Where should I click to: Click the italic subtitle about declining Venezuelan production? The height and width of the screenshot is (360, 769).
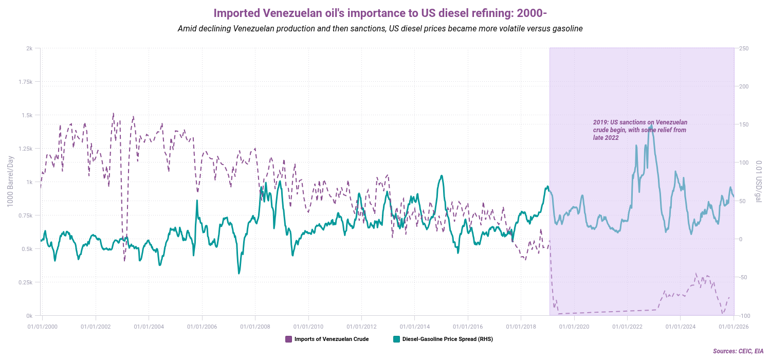click(x=380, y=29)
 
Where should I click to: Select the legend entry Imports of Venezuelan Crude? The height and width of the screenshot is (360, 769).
click(x=331, y=339)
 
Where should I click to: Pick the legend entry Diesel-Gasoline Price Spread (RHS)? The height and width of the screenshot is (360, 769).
click(x=447, y=339)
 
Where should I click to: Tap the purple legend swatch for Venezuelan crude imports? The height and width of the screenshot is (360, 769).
click(x=288, y=339)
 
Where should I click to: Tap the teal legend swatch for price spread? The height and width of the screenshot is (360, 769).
click(x=396, y=339)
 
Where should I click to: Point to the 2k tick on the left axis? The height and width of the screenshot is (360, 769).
click(x=30, y=48)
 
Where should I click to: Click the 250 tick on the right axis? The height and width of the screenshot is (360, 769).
click(x=744, y=48)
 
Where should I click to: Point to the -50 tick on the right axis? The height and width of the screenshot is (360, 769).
click(x=743, y=277)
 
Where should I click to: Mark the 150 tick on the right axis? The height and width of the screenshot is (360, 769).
click(x=744, y=124)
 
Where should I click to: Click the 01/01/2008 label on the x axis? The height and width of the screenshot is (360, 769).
click(x=255, y=326)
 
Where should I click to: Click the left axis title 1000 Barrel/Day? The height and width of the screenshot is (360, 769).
click(x=10, y=182)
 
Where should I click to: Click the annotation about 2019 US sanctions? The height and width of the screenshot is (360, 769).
click(x=640, y=130)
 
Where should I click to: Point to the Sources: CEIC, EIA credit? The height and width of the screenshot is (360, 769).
click(x=738, y=351)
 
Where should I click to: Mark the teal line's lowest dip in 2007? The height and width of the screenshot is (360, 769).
click(x=239, y=273)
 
